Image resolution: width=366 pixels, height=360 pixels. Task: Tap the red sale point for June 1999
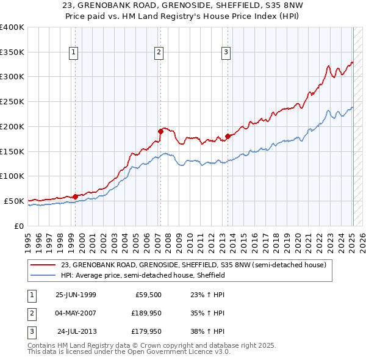point(75,196)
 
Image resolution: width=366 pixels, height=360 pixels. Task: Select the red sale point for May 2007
point(160,131)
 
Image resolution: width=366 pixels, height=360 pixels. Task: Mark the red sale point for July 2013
point(228,135)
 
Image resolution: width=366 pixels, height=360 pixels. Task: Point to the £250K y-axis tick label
point(12,102)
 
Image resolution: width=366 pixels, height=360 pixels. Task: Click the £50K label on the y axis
point(14,201)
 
